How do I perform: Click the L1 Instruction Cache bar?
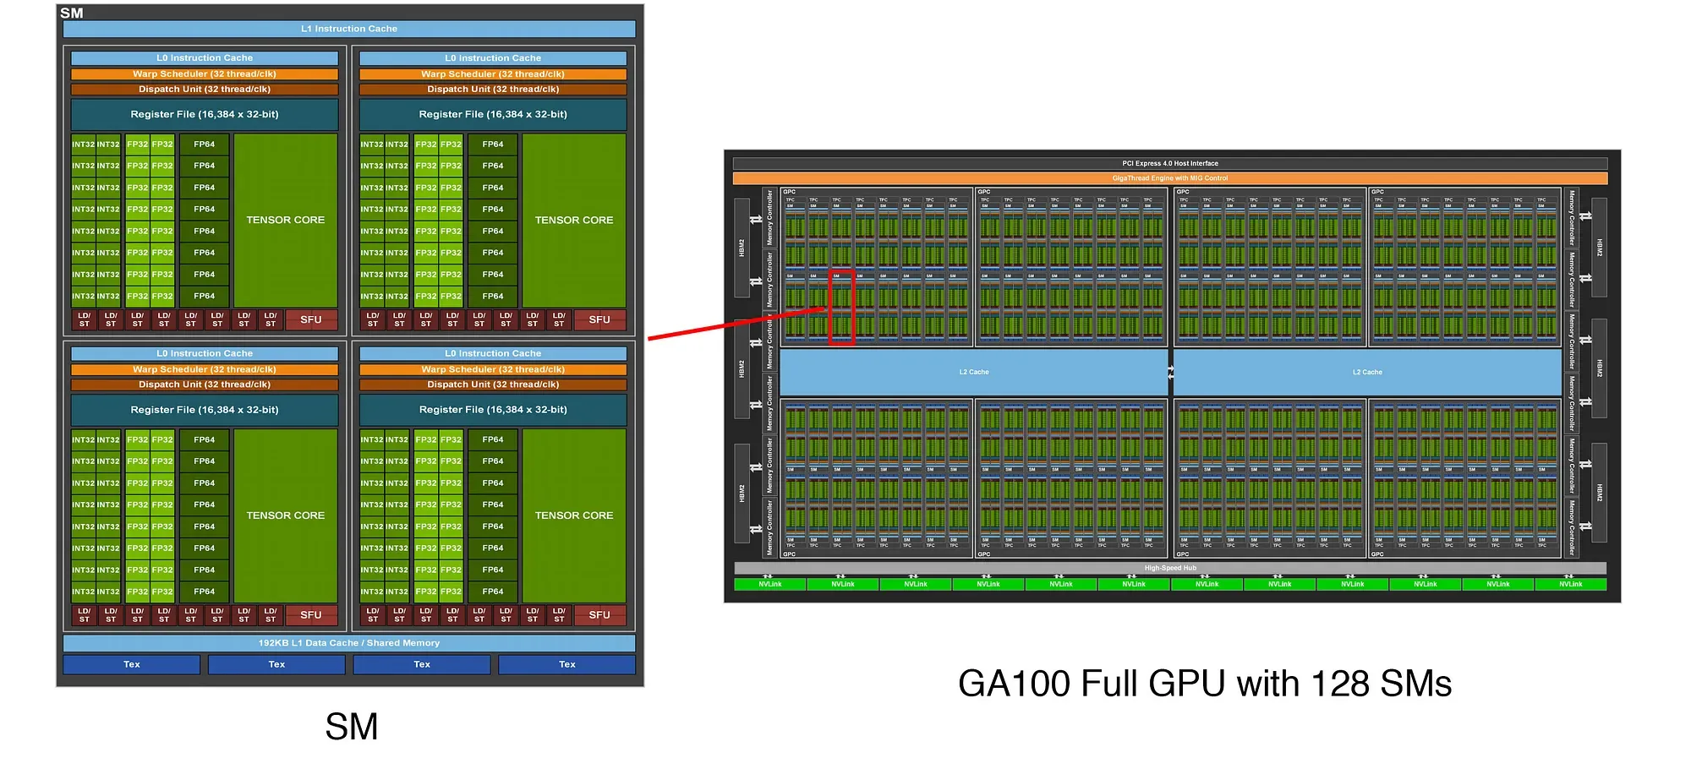(348, 29)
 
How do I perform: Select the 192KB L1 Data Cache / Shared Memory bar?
(348, 643)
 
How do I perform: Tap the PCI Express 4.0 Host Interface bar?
(1170, 163)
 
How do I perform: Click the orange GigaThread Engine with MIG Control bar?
(1170, 178)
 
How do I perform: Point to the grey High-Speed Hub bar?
(1170, 568)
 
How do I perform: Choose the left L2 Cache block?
(974, 372)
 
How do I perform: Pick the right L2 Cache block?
(1367, 372)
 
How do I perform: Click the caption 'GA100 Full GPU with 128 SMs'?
(1204, 684)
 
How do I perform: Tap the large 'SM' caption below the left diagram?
(351, 727)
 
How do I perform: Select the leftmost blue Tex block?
(132, 664)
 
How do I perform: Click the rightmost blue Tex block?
(566, 664)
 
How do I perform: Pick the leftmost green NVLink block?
(770, 584)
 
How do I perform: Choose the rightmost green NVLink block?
(1570, 584)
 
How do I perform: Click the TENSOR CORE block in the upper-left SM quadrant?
(285, 220)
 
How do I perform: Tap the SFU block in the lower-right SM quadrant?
(599, 615)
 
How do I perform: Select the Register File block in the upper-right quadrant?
(493, 114)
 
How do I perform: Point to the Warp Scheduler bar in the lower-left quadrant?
(205, 369)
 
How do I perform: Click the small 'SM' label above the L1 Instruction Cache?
(72, 13)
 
